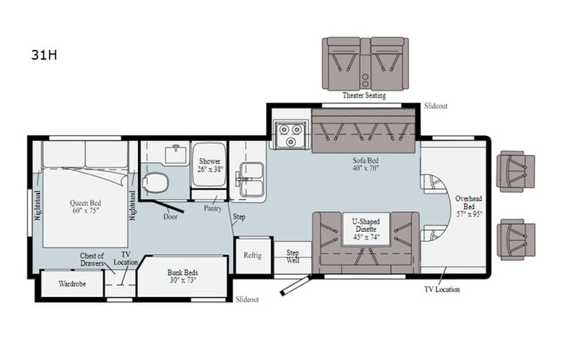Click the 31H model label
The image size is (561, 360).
[x=41, y=56]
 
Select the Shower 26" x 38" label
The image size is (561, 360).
[x=210, y=165]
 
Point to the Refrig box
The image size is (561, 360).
[x=252, y=256]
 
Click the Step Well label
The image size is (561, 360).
[x=292, y=256]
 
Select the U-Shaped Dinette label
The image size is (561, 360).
[x=365, y=230]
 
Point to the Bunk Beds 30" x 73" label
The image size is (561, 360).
[x=183, y=276]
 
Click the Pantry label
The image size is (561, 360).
[x=213, y=208]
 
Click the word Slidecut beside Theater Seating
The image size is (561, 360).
[x=435, y=105]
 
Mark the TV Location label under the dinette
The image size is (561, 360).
[x=442, y=289]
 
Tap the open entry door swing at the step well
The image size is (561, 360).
[x=295, y=287]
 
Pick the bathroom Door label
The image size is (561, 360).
[x=170, y=216]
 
